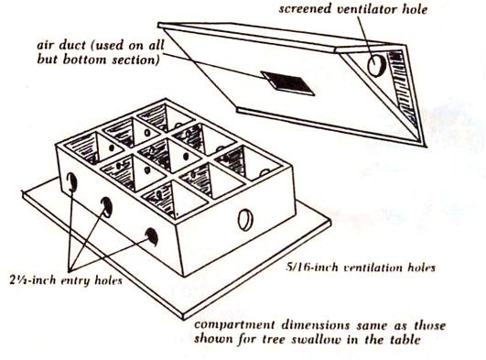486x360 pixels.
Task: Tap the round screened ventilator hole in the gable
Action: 376,65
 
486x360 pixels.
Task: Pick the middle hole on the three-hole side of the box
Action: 107,207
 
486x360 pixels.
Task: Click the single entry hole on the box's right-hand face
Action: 244,219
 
